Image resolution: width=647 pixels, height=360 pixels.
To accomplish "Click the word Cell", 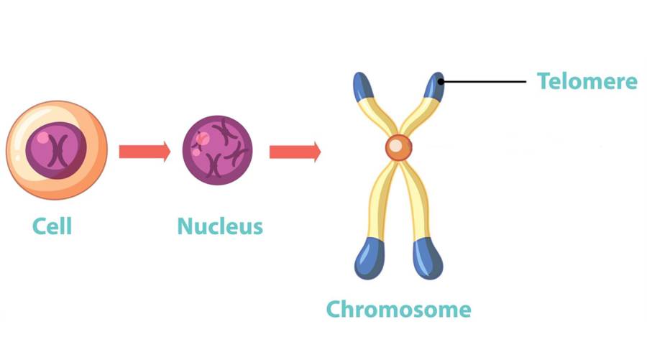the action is pyautogui.click(x=52, y=226).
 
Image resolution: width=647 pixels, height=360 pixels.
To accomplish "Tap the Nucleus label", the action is pyautogui.click(x=220, y=226).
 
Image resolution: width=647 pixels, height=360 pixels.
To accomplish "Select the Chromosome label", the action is pyautogui.click(x=398, y=309).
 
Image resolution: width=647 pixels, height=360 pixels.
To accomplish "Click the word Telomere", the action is pyautogui.click(x=587, y=80).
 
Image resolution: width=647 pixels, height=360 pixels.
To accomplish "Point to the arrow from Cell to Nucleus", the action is pyautogui.click(x=144, y=152).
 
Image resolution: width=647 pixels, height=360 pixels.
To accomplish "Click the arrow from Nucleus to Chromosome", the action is pyautogui.click(x=295, y=152).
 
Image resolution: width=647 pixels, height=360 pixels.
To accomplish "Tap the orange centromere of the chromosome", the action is pyautogui.click(x=398, y=147).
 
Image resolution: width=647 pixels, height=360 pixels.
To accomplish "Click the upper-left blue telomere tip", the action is pyautogui.click(x=363, y=86).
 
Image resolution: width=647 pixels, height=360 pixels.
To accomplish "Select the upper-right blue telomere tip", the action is pyautogui.click(x=434, y=86).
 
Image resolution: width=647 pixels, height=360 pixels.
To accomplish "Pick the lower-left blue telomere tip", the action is pyautogui.click(x=370, y=259).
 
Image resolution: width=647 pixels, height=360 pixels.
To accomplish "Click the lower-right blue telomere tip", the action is pyautogui.click(x=428, y=259).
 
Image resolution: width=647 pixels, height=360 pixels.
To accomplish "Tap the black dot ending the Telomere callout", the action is pyautogui.click(x=441, y=82).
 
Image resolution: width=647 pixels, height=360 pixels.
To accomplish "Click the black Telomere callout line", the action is pyautogui.click(x=484, y=82).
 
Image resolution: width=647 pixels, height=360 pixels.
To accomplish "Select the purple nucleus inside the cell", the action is pyautogui.click(x=56, y=150).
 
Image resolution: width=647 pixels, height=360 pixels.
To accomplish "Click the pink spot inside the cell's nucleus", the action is pyautogui.click(x=42, y=137).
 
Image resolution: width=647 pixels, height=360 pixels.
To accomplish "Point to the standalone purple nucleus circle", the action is pyautogui.click(x=217, y=150).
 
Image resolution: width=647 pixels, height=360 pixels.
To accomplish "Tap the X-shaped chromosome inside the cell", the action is pyautogui.click(x=59, y=151).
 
